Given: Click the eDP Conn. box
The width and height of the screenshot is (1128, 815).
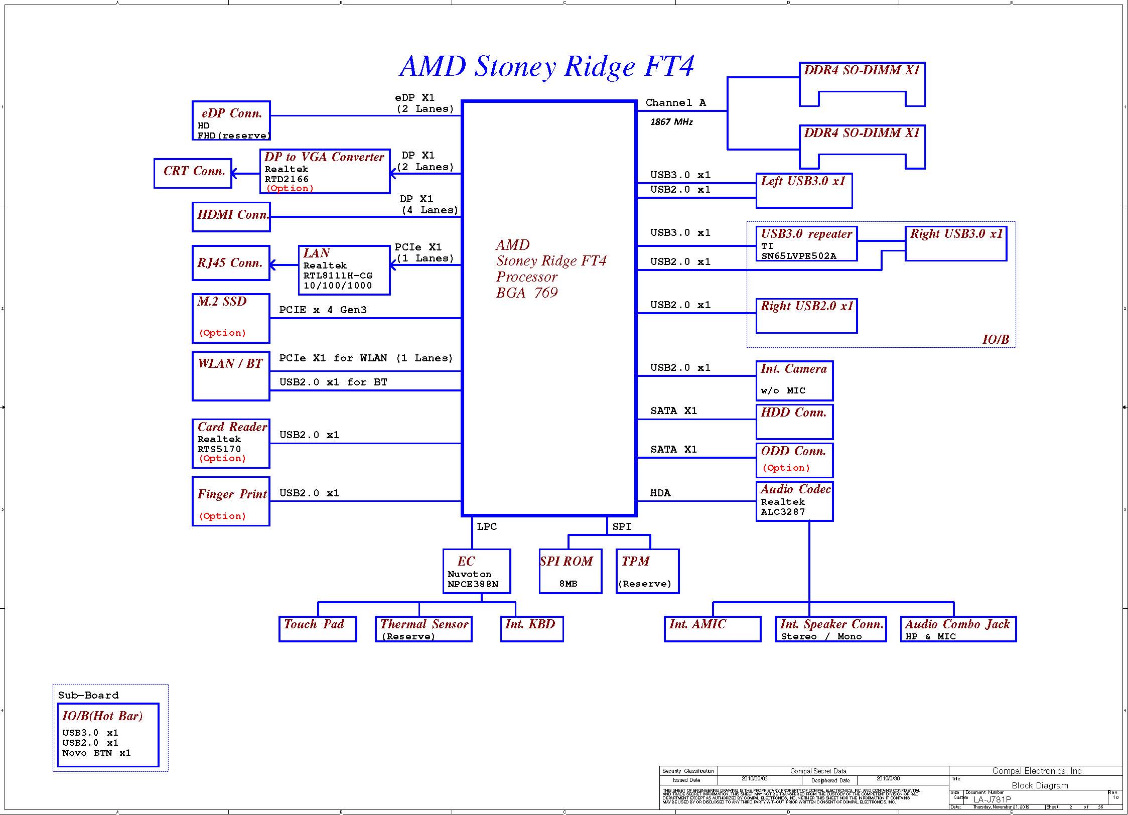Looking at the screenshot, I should coord(231,120).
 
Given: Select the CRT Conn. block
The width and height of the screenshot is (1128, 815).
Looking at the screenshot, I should coord(193,174).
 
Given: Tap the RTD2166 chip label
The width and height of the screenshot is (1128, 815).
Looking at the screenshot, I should coord(287,179).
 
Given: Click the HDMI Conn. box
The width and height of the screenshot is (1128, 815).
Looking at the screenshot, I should coord(231,217).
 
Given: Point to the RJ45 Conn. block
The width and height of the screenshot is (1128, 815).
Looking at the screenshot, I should coord(231,263).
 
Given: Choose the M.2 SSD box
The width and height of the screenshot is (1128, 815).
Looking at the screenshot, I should coord(231,318).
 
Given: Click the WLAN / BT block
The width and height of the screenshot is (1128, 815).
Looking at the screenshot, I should coord(231,376).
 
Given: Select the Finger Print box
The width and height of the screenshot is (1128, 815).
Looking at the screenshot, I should coord(231,501).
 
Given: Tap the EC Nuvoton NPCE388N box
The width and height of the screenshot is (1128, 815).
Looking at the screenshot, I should coord(476,571).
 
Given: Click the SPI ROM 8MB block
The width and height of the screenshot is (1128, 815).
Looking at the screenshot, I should coord(570,571).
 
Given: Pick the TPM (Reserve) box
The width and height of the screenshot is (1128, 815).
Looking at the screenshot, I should coord(647,571).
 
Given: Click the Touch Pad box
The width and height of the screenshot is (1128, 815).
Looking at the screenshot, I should coord(317,629).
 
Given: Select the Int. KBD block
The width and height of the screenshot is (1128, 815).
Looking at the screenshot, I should coord(531,629).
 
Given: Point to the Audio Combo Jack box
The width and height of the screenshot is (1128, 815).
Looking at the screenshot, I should coord(958,629).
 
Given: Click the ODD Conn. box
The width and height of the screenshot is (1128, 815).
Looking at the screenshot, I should coord(794,460).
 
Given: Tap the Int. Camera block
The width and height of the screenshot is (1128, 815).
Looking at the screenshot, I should coord(794,381).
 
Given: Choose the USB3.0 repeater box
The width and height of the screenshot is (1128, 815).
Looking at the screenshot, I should coord(806,244).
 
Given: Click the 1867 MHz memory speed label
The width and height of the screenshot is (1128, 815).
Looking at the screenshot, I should coord(671,122).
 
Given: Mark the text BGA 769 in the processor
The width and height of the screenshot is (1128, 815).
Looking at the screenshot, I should coord(527,293).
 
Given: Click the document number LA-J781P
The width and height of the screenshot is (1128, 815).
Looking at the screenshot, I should coord(992,799).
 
